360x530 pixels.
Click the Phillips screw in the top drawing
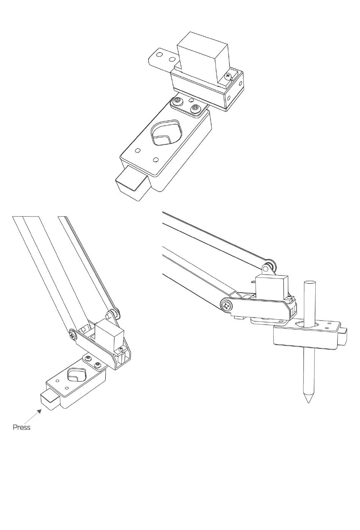pyautogui.click(x=228, y=76)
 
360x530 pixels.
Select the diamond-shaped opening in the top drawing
pyautogui.click(x=166, y=132)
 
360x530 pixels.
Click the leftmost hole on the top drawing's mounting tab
pyautogui.click(x=160, y=55)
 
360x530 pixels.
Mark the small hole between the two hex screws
pyautogui.click(x=191, y=100)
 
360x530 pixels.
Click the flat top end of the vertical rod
pyautogui.click(x=310, y=282)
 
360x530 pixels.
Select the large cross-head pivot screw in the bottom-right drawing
pyautogui.click(x=226, y=306)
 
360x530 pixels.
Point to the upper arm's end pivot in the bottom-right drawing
pyautogui.click(x=268, y=266)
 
